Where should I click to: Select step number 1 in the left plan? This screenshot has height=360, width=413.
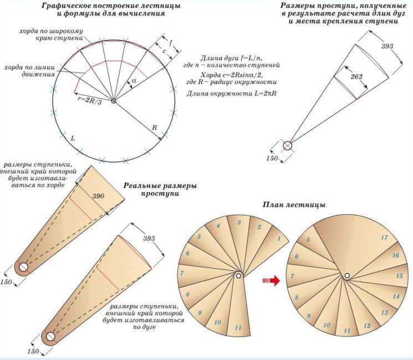279,239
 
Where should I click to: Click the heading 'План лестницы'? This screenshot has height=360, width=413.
294,205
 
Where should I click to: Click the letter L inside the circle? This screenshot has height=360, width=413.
73,136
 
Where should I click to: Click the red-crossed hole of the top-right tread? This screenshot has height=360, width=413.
287,145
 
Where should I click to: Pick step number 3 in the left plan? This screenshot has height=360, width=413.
238,222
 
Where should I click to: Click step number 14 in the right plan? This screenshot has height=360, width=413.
396,297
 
